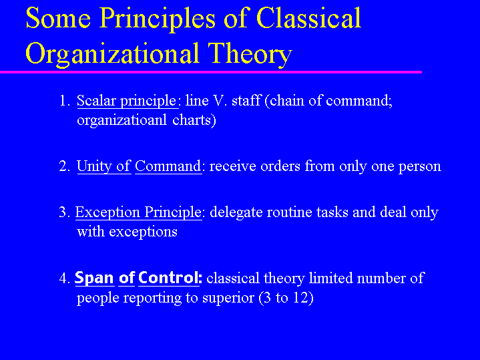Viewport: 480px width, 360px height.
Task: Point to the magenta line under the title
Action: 210,71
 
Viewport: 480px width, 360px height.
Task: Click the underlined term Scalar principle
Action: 126,102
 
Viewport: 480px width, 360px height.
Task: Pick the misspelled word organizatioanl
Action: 122,121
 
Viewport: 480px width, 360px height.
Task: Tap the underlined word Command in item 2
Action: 168,166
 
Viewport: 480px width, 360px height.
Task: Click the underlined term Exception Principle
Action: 138,212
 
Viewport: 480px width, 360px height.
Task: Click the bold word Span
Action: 94,278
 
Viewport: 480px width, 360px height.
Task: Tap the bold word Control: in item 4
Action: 170,278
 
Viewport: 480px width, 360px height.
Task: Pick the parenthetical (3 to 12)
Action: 286,297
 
